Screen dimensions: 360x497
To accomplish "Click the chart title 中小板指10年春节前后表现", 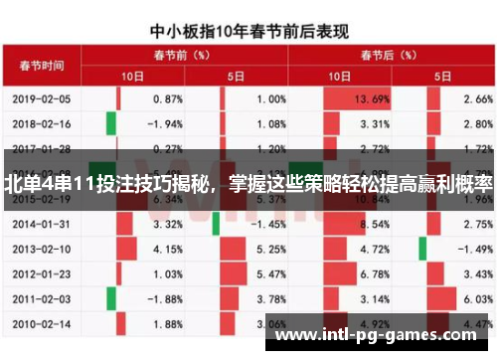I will coord(249,31).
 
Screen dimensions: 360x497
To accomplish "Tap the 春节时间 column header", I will coord(42,66).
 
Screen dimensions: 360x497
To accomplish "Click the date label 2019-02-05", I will coord(42,99).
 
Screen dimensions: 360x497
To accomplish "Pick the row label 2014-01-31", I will coord(42,225).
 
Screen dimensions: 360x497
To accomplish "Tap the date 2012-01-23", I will coord(42,272).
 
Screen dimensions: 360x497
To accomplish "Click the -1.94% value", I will coord(163,124).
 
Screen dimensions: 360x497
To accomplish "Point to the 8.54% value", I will coord(373,225).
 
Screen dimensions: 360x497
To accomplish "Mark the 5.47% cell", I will coord(270,272).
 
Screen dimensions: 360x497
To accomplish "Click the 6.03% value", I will coord(477,297).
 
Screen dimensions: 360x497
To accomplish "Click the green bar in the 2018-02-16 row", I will coord(110,124).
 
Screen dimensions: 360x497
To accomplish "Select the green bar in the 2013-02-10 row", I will coord(422,249).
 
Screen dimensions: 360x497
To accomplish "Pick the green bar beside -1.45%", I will coord(214,225).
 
